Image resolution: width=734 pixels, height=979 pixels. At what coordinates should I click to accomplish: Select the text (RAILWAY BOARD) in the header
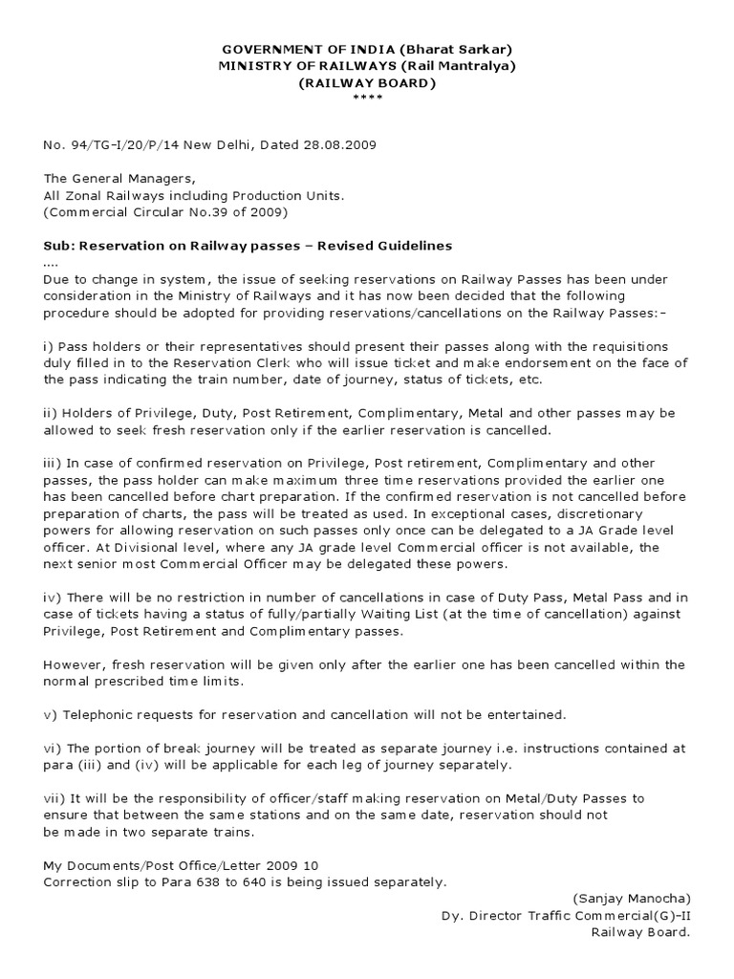tap(367, 82)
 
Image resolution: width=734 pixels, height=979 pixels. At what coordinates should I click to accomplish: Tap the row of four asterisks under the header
tap(367, 98)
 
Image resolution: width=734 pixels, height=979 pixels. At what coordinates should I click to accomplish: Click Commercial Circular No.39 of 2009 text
tap(165, 211)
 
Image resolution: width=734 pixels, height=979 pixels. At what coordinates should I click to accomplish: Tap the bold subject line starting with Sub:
tap(248, 246)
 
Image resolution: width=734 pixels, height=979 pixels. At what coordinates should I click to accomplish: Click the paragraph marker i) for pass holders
tap(48, 345)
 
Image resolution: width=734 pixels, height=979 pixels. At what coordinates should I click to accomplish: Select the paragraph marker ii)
tap(50, 412)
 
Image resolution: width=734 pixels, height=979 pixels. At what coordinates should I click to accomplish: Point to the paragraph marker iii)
tap(52, 463)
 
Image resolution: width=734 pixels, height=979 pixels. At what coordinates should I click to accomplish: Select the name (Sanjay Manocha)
tap(631, 899)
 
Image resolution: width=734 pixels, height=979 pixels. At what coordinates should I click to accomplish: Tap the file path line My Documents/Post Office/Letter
tap(181, 864)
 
